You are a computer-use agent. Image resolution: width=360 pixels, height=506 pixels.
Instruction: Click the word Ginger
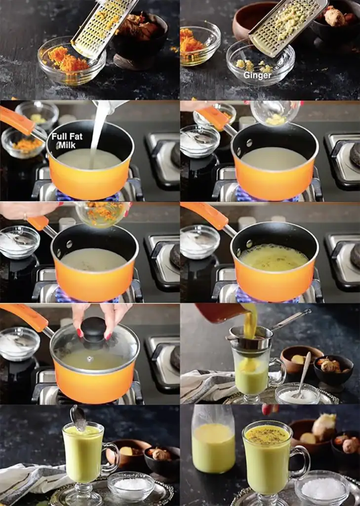pos(257,75)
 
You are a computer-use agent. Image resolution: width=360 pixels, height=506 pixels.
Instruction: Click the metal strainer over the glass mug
pos(251,338)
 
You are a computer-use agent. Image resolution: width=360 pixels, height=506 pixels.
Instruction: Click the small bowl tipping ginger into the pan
pos(275,113)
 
